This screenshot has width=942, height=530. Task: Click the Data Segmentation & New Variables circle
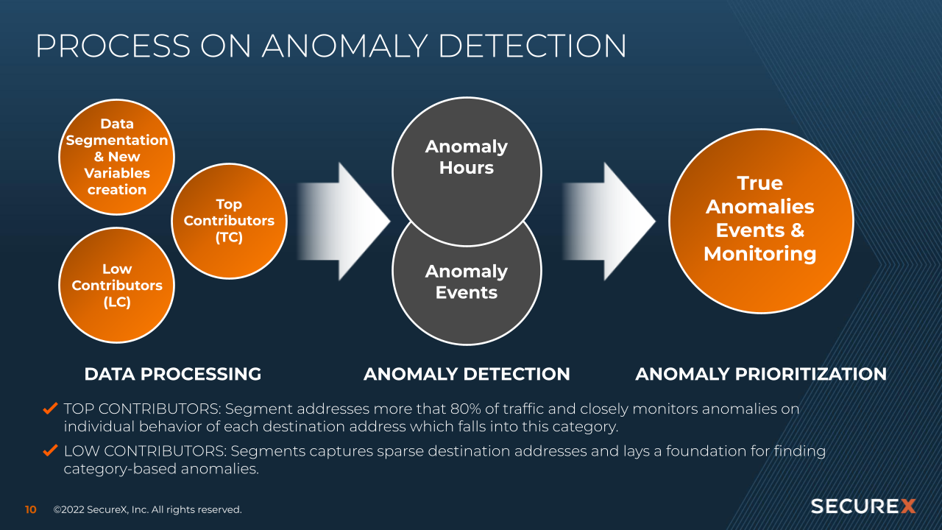[116, 157]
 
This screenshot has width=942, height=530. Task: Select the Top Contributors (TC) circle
[229, 221]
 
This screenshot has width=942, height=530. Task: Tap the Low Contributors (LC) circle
[116, 286]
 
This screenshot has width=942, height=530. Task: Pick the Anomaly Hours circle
[467, 158]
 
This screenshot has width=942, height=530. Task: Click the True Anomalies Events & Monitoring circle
[760, 219]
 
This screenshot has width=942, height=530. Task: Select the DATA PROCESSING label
[173, 374]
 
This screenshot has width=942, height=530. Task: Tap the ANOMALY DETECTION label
[467, 374]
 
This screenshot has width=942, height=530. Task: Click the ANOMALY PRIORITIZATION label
[761, 374]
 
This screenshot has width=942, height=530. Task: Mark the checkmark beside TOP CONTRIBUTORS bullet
[51, 408]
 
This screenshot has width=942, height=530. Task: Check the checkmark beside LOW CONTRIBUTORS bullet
[51, 451]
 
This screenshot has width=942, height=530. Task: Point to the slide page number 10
[31, 509]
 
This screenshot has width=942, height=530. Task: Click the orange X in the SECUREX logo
[908, 506]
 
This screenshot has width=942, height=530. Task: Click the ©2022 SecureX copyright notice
[147, 509]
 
